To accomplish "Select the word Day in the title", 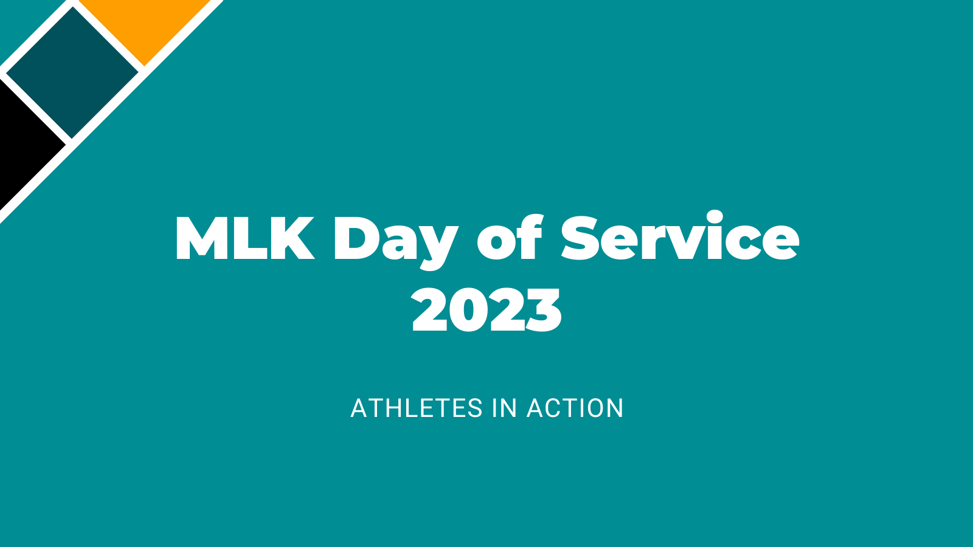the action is (x=396, y=243).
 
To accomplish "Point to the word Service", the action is (x=680, y=236).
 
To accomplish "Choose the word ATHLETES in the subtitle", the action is (x=417, y=408).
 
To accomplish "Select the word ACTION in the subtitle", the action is (x=575, y=408).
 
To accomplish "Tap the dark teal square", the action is (x=72, y=73).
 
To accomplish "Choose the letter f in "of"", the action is (x=530, y=236).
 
